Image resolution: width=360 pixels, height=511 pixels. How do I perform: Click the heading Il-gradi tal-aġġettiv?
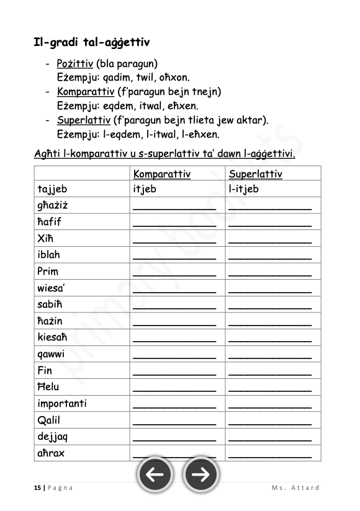tap(92, 43)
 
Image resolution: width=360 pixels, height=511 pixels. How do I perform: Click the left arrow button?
tap(155, 475)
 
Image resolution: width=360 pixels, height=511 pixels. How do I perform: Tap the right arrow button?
tap(200, 475)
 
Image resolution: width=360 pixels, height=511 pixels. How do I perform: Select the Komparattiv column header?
tap(161, 174)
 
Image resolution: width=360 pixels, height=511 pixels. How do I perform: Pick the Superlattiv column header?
tap(255, 174)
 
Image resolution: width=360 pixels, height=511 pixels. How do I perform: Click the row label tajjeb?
tap(53, 189)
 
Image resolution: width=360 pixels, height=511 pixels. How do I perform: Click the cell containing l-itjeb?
tap(244, 189)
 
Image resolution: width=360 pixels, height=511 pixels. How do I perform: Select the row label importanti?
tap(62, 404)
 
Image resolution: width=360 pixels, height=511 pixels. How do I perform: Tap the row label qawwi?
tap(51, 354)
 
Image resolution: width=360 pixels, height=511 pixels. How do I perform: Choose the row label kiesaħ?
tap(53, 337)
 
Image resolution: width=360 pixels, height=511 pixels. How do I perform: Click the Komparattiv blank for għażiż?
tap(174, 207)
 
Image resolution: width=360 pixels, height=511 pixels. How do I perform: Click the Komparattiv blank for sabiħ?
tap(174, 306)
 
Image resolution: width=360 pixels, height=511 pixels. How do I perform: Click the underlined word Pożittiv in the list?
tap(74, 63)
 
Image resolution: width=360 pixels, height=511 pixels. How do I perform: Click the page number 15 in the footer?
tap(37, 487)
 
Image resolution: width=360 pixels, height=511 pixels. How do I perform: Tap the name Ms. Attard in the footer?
tap(295, 487)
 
